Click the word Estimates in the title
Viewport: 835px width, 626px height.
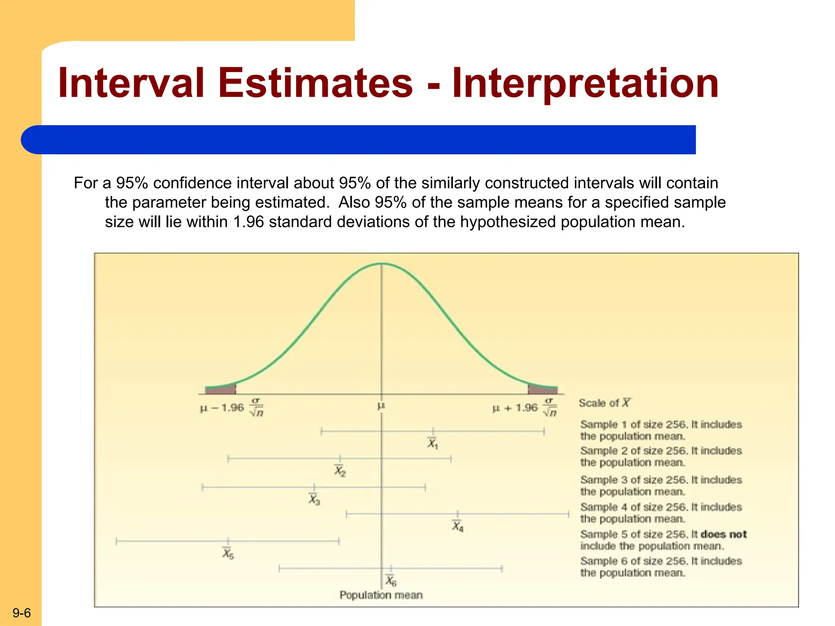[x=316, y=83]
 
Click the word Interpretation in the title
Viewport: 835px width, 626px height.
[x=585, y=83]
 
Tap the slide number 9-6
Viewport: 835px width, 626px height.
[x=22, y=613]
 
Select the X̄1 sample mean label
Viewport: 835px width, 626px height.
[x=433, y=443]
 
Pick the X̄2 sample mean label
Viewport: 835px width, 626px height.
[x=340, y=471]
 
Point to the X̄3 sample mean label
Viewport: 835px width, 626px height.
[x=314, y=499]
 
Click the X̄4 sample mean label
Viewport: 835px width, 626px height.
[x=457, y=526]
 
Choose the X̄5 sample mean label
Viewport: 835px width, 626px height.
[x=228, y=553]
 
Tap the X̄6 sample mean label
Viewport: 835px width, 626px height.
[x=391, y=580]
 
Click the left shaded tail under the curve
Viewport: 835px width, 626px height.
[x=221, y=389]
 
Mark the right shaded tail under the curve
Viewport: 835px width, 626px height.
[x=542, y=389]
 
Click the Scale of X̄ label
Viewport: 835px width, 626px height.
[x=604, y=403]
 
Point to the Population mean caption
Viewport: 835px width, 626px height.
[x=381, y=595]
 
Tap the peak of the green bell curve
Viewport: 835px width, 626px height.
[x=381, y=264]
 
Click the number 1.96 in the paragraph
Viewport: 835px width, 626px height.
[x=248, y=222]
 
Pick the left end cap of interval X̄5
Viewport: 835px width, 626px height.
[x=117, y=541]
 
